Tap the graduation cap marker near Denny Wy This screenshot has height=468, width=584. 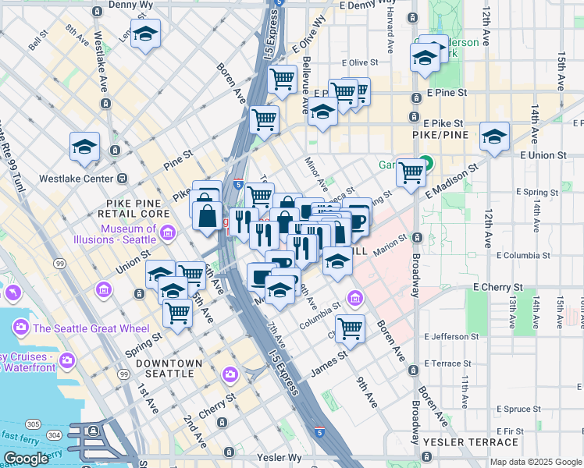(145, 34)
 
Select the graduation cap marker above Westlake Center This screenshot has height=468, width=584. (84, 146)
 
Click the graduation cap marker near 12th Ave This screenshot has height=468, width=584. (494, 136)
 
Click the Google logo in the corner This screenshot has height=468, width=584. (25, 459)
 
